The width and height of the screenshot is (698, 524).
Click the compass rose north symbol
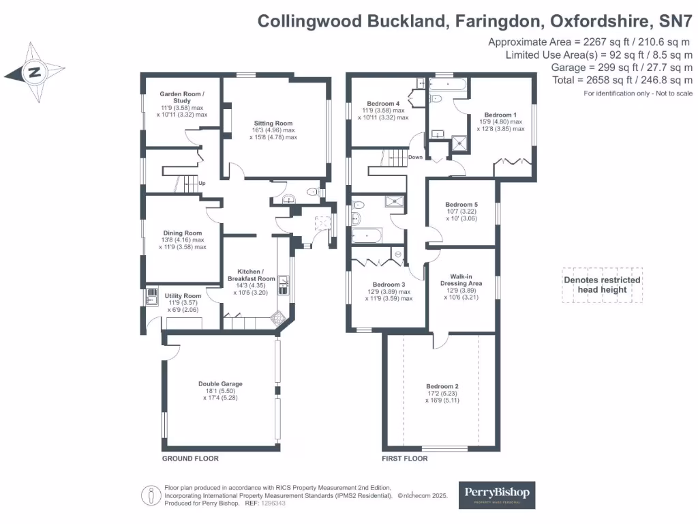click(35, 72)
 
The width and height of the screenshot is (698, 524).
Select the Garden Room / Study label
click(181, 97)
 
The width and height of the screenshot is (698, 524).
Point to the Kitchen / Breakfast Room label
click(252, 274)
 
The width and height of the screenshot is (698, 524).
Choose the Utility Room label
click(183, 296)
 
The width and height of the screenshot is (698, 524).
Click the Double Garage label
click(220, 383)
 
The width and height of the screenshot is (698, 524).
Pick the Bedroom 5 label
click(461, 205)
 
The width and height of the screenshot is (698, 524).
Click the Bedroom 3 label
click(389, 285)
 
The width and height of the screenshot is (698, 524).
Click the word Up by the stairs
click(202, 183)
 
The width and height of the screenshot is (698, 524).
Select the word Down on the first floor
click(415, 157)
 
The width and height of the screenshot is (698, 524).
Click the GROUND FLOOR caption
click(190, 458)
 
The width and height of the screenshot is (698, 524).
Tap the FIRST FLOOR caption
click(405, 458)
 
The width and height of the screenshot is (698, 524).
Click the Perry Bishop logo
click(496, 495)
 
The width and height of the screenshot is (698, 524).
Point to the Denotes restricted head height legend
click(602, 285)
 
